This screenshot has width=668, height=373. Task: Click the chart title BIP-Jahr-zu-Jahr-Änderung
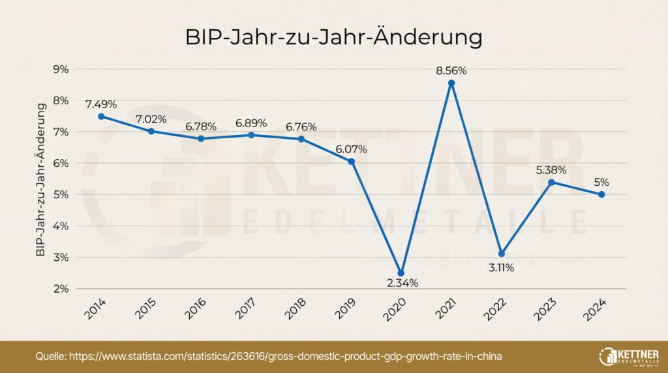(333, 37)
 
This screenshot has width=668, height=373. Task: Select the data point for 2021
(451, 83)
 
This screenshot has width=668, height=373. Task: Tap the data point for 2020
(401, 273)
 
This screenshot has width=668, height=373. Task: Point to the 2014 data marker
(101, 116)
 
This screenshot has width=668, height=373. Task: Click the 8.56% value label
(451, 69)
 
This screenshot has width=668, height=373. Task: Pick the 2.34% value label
(401, 283)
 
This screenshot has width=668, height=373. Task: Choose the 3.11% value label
(501, 267)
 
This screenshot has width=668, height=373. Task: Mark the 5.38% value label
(551, 170)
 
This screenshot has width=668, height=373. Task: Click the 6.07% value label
(351, 149)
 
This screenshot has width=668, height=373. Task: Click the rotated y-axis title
(40, 179)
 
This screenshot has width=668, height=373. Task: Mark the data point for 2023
(551, 182)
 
